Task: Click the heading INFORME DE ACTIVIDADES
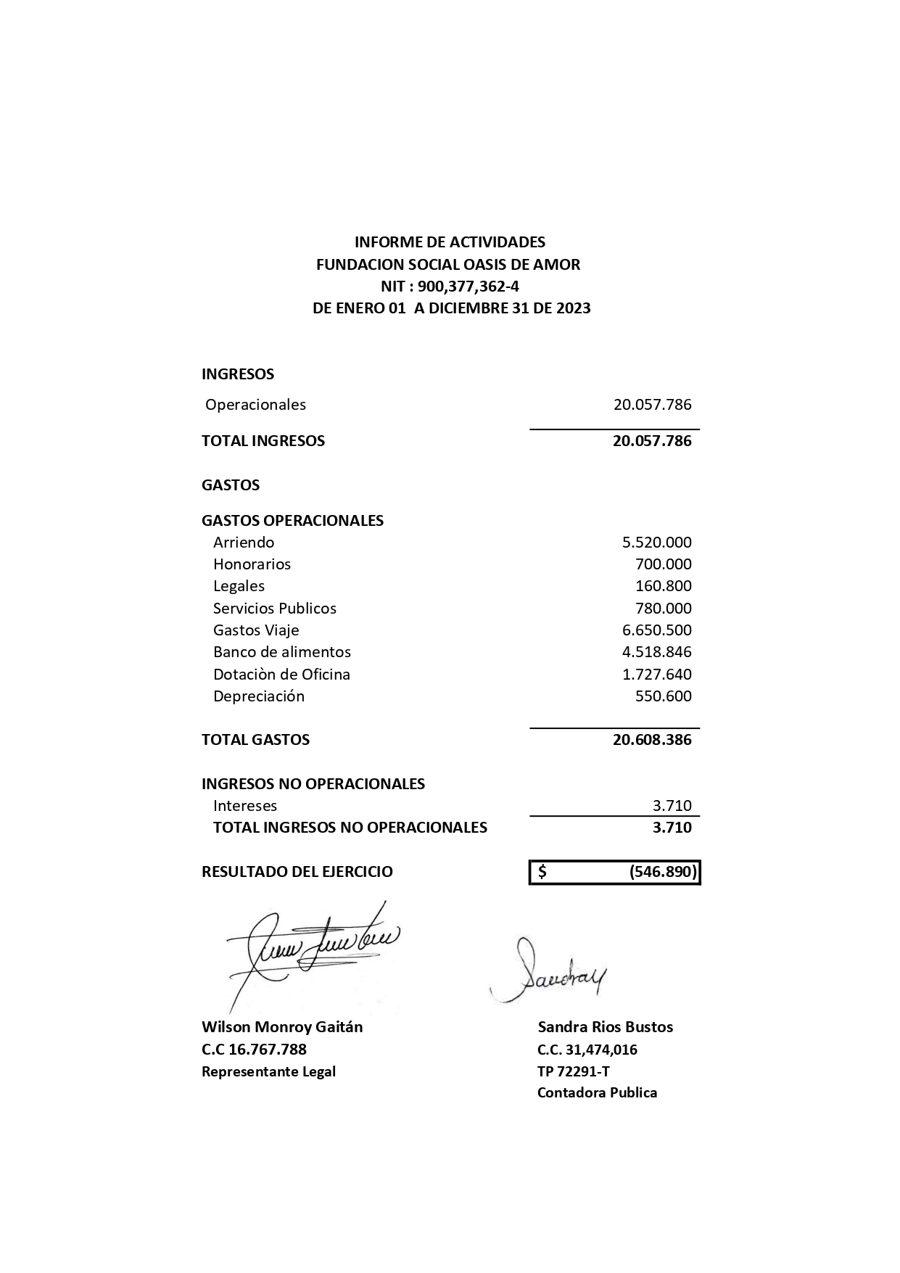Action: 450,242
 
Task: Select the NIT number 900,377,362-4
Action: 468,286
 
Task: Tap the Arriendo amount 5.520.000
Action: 656,543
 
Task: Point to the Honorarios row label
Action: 252,564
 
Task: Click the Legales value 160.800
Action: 663,586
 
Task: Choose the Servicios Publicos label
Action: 274,609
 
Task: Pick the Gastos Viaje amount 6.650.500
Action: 656,630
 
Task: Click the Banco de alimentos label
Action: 281,652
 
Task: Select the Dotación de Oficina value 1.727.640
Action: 656,675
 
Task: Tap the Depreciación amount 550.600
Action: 663,696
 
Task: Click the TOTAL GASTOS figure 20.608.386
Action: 652,740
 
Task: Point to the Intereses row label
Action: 244,806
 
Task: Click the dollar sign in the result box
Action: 542,872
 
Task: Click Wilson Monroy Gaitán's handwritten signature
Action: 312,950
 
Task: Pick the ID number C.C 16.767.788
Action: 254,1050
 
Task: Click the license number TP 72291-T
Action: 573,1071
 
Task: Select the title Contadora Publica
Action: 597,1093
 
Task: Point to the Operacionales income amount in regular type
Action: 652,405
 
